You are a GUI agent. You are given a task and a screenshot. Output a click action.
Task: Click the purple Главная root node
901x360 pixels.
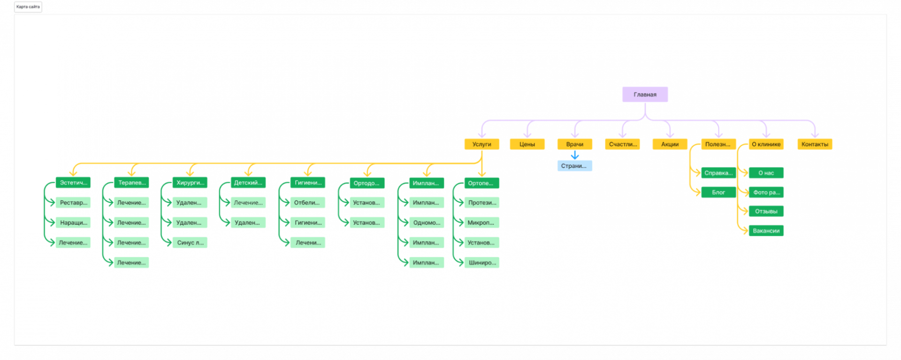click(645, 94)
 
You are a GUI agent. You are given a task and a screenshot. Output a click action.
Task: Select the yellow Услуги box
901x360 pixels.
click(481, 144)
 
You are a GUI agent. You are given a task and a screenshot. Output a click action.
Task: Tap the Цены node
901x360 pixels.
click(527, 144)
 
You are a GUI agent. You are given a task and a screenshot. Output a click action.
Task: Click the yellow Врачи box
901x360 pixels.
click(574, 144)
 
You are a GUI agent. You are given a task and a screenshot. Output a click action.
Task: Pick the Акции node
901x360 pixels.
click(670, 144)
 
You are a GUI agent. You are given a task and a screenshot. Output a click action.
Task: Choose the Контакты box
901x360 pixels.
click(815, 144)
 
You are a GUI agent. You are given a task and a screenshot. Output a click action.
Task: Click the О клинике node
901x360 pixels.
click(766, 144)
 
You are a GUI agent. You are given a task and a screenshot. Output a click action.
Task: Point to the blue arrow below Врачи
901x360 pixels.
click(575, 155)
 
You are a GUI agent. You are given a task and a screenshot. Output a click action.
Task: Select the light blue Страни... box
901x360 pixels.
click(574, 166)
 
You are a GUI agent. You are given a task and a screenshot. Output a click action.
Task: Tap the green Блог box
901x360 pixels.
click(718, 192)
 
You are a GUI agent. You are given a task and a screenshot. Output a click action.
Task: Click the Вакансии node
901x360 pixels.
click(766, 230)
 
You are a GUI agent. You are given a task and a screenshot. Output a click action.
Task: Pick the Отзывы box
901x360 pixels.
click(766, 211)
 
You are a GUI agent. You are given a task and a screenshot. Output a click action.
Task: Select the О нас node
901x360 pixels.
click(766, 173)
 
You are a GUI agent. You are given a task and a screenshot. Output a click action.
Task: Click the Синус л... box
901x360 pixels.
click(190, 243)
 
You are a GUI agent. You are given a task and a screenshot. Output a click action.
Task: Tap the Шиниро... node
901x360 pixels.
click(482, 262)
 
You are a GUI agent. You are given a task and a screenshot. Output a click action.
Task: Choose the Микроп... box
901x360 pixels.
click(481, 222)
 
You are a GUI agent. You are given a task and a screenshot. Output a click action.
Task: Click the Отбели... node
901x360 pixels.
click(307, 203)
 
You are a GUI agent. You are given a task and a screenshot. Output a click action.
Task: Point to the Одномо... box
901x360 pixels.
click(427, 222)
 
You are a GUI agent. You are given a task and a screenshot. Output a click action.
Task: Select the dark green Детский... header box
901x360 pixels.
click(248, 183)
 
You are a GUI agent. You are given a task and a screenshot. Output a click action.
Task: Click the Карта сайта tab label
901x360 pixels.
click(28, 7)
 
